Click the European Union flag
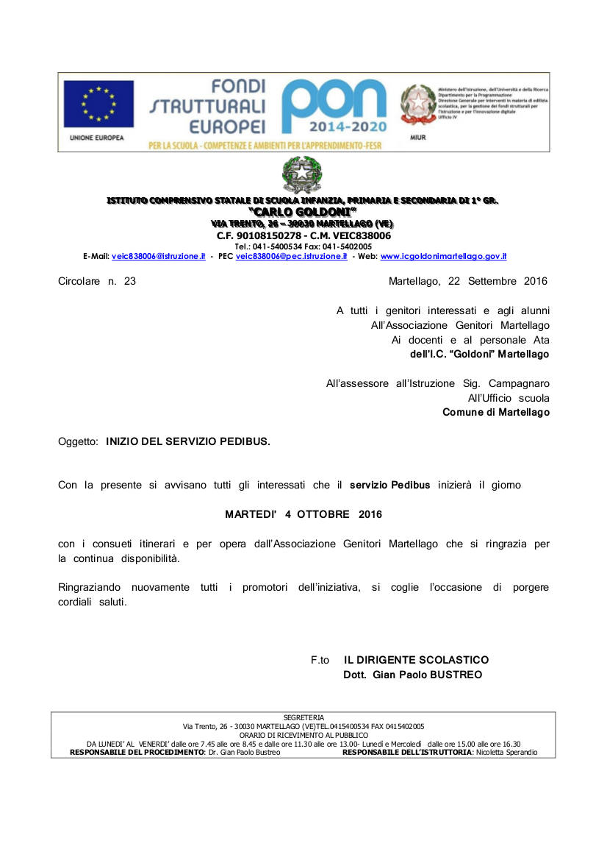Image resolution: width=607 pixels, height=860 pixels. (98, 104)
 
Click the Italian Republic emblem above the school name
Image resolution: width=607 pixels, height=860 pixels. (302, 174)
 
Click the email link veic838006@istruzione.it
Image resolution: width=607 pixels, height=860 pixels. (158, 256)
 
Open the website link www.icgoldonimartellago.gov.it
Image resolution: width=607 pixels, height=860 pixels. (443, 256)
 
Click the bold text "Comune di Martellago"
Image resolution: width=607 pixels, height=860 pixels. (496, 413)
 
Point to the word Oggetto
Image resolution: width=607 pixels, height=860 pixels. (78, 441)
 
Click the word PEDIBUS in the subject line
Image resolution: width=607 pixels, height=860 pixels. (245, 441)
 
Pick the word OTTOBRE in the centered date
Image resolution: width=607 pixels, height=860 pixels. (323, 514)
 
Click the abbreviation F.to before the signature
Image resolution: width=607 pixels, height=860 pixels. (320, 660)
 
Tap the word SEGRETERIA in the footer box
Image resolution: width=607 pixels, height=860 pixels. (303, 717)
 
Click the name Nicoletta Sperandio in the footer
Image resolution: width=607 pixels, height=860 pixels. (506, 753)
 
